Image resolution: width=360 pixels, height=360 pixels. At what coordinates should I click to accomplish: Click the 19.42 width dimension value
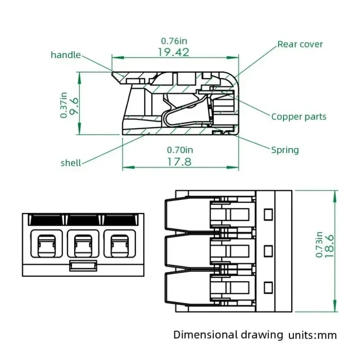(x=174, y=52)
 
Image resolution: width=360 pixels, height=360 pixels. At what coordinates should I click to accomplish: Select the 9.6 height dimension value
(x=74, y=106)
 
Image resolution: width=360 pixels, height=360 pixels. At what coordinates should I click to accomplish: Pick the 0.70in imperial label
(x=180, y=150)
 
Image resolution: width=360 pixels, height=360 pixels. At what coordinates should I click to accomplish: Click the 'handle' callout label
(x=66, y=55)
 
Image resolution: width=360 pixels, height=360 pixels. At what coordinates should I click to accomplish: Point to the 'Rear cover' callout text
(x=300, y=44)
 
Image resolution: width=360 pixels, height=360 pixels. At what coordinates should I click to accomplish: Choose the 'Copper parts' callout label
(x=299, y=117)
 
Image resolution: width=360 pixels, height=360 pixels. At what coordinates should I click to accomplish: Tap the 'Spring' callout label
(x=285, y=150)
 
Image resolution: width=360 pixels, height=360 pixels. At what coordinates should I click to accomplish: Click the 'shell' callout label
(x=71, y=162)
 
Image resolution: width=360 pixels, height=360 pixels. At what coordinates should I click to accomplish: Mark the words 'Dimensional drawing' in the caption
(x=228, y=334)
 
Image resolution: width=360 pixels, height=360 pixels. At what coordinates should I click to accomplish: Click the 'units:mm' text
(x=313, y=335)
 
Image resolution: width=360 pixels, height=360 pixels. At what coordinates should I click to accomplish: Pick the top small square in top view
(x=269, y=214)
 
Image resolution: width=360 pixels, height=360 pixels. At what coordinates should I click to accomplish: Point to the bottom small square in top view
(x=269, y=287)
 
